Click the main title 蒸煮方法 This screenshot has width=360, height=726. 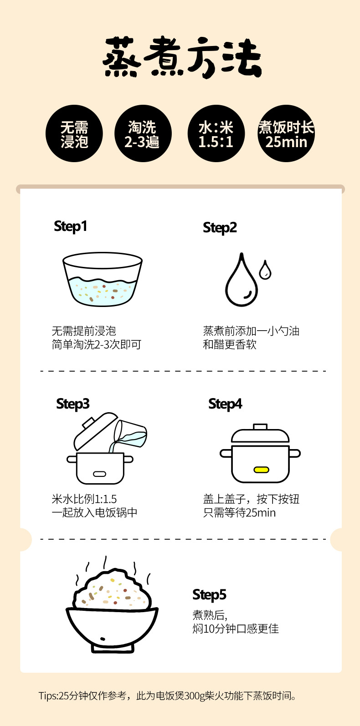pyautogui.click(x=182, y=57)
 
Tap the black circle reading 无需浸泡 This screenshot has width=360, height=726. pyautogui.click(x=74, y=133)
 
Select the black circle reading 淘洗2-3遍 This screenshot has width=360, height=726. pyautogui.click(x=143, y=133)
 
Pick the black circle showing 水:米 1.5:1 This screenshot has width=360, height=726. pyautogui.click(x=216, y=133)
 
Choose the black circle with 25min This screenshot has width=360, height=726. pyautogui.click(x=286, y=133)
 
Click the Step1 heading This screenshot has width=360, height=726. pyautogui.click(x=70, y=226)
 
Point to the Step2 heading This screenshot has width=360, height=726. pyautogui.click(x=220, y=228)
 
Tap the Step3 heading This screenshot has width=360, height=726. pyautogui.click(x=72, y=404)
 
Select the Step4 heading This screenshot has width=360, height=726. pyautogui.click(x=226, y=404)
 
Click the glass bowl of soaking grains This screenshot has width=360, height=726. pyautogui.click(x=103, y=279)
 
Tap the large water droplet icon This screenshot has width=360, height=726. pyautogui.click(x=242, y=280)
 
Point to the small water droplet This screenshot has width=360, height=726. pyautogui.click(x=265, y=270)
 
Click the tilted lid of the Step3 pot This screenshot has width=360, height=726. pyautogui.click(x=96, y=431)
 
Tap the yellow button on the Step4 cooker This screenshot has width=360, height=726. pyautogui.click(x=261, y=470)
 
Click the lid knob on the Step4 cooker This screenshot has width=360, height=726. pyautogui.click(x=260, y=426)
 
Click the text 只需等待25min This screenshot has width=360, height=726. pyautogui.click(x=239, y=513)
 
